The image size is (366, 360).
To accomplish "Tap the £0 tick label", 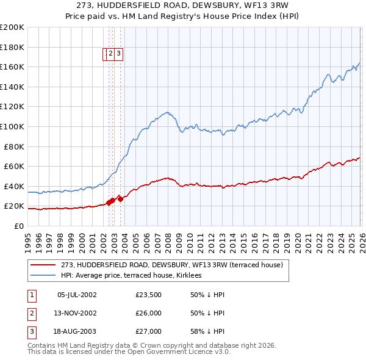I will [x=18, y=226].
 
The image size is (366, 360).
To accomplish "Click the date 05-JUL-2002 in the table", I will [x=77, y=295].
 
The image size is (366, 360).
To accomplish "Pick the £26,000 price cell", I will [x=148, y=313].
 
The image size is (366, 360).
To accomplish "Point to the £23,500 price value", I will [x=148, y=295].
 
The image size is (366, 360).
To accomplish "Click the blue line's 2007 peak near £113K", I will [x=166, y=112].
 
